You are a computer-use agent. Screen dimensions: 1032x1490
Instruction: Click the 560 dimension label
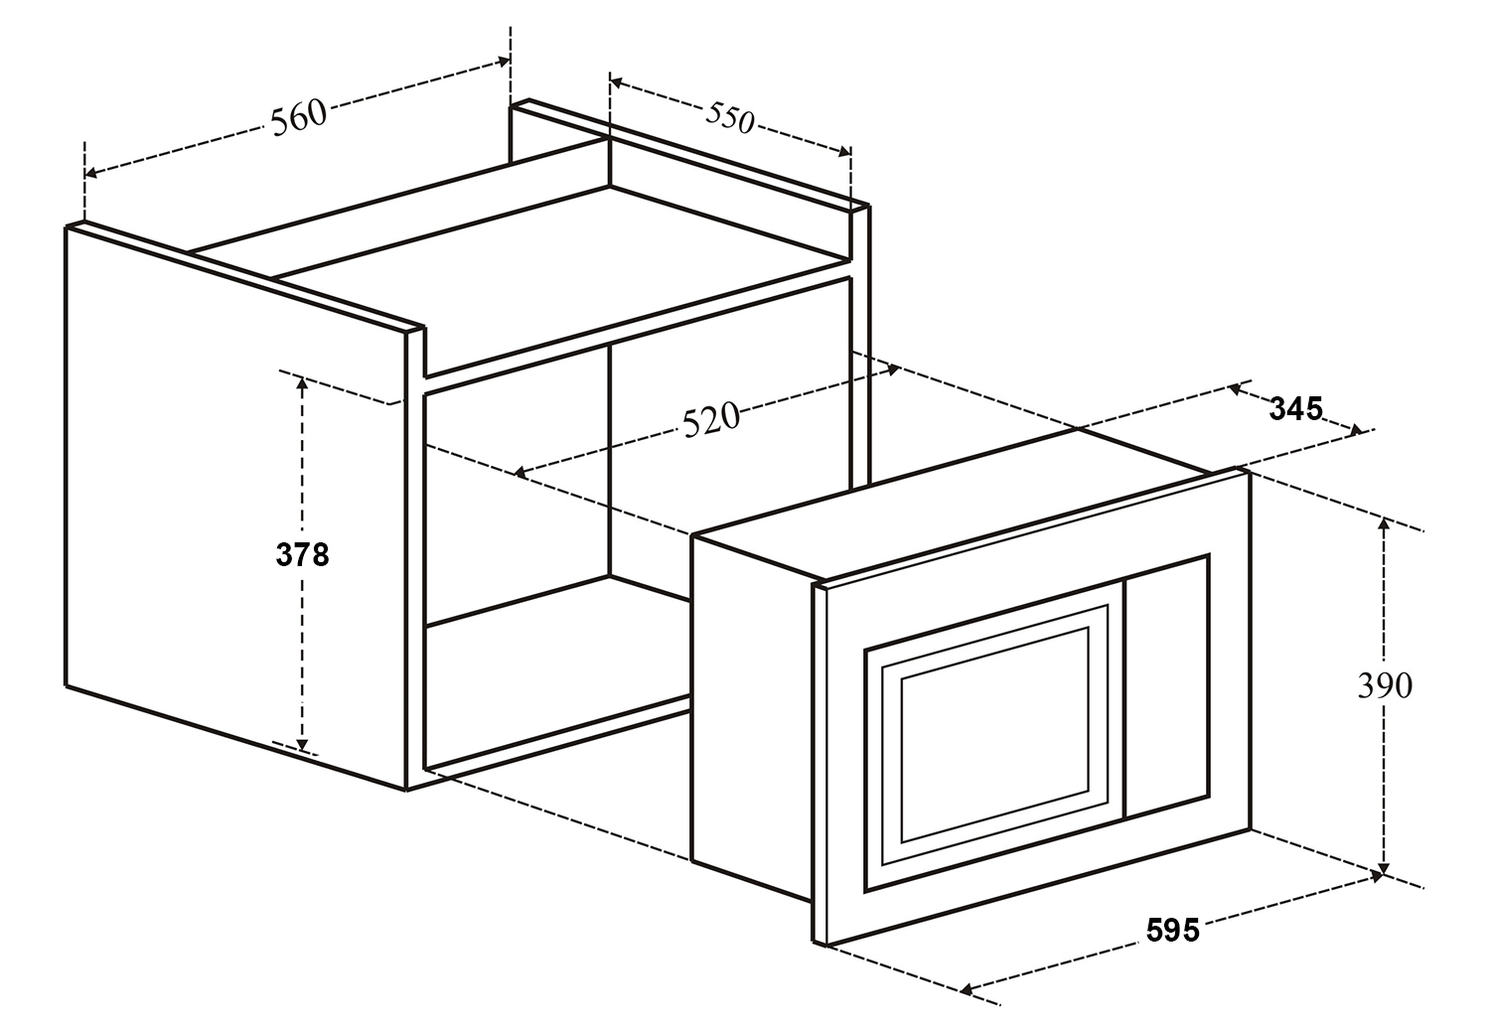(298, 116)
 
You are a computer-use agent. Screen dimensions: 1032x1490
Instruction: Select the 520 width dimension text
(711, 418)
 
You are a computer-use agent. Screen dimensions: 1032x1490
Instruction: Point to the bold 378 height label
(302, 555)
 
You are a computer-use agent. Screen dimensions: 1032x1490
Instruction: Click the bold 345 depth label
(1296, 408)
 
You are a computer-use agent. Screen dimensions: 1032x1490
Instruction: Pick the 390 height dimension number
(1384, 685)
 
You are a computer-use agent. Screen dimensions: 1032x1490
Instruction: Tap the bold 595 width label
(1172, 931)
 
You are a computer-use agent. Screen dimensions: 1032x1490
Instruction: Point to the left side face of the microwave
(751, 715)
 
